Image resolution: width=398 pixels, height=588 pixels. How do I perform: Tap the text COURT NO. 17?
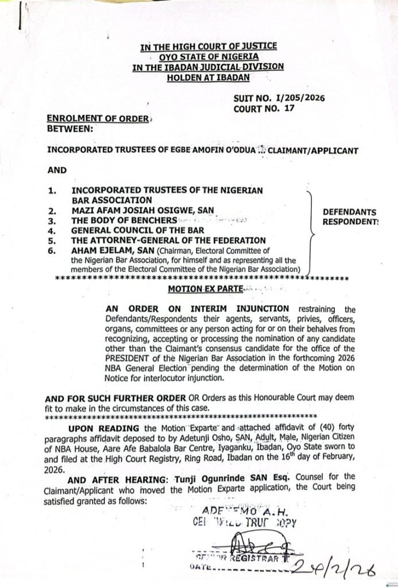264,108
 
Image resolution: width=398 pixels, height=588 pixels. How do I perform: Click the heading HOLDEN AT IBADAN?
208,77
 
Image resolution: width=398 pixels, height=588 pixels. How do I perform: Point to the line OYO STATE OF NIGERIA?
208,56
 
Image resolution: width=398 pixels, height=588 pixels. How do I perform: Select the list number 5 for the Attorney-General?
51,241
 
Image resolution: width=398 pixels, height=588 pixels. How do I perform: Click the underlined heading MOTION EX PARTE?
200,289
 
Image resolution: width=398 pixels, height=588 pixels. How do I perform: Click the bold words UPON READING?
95,429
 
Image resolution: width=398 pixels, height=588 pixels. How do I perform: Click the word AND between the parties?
57,171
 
